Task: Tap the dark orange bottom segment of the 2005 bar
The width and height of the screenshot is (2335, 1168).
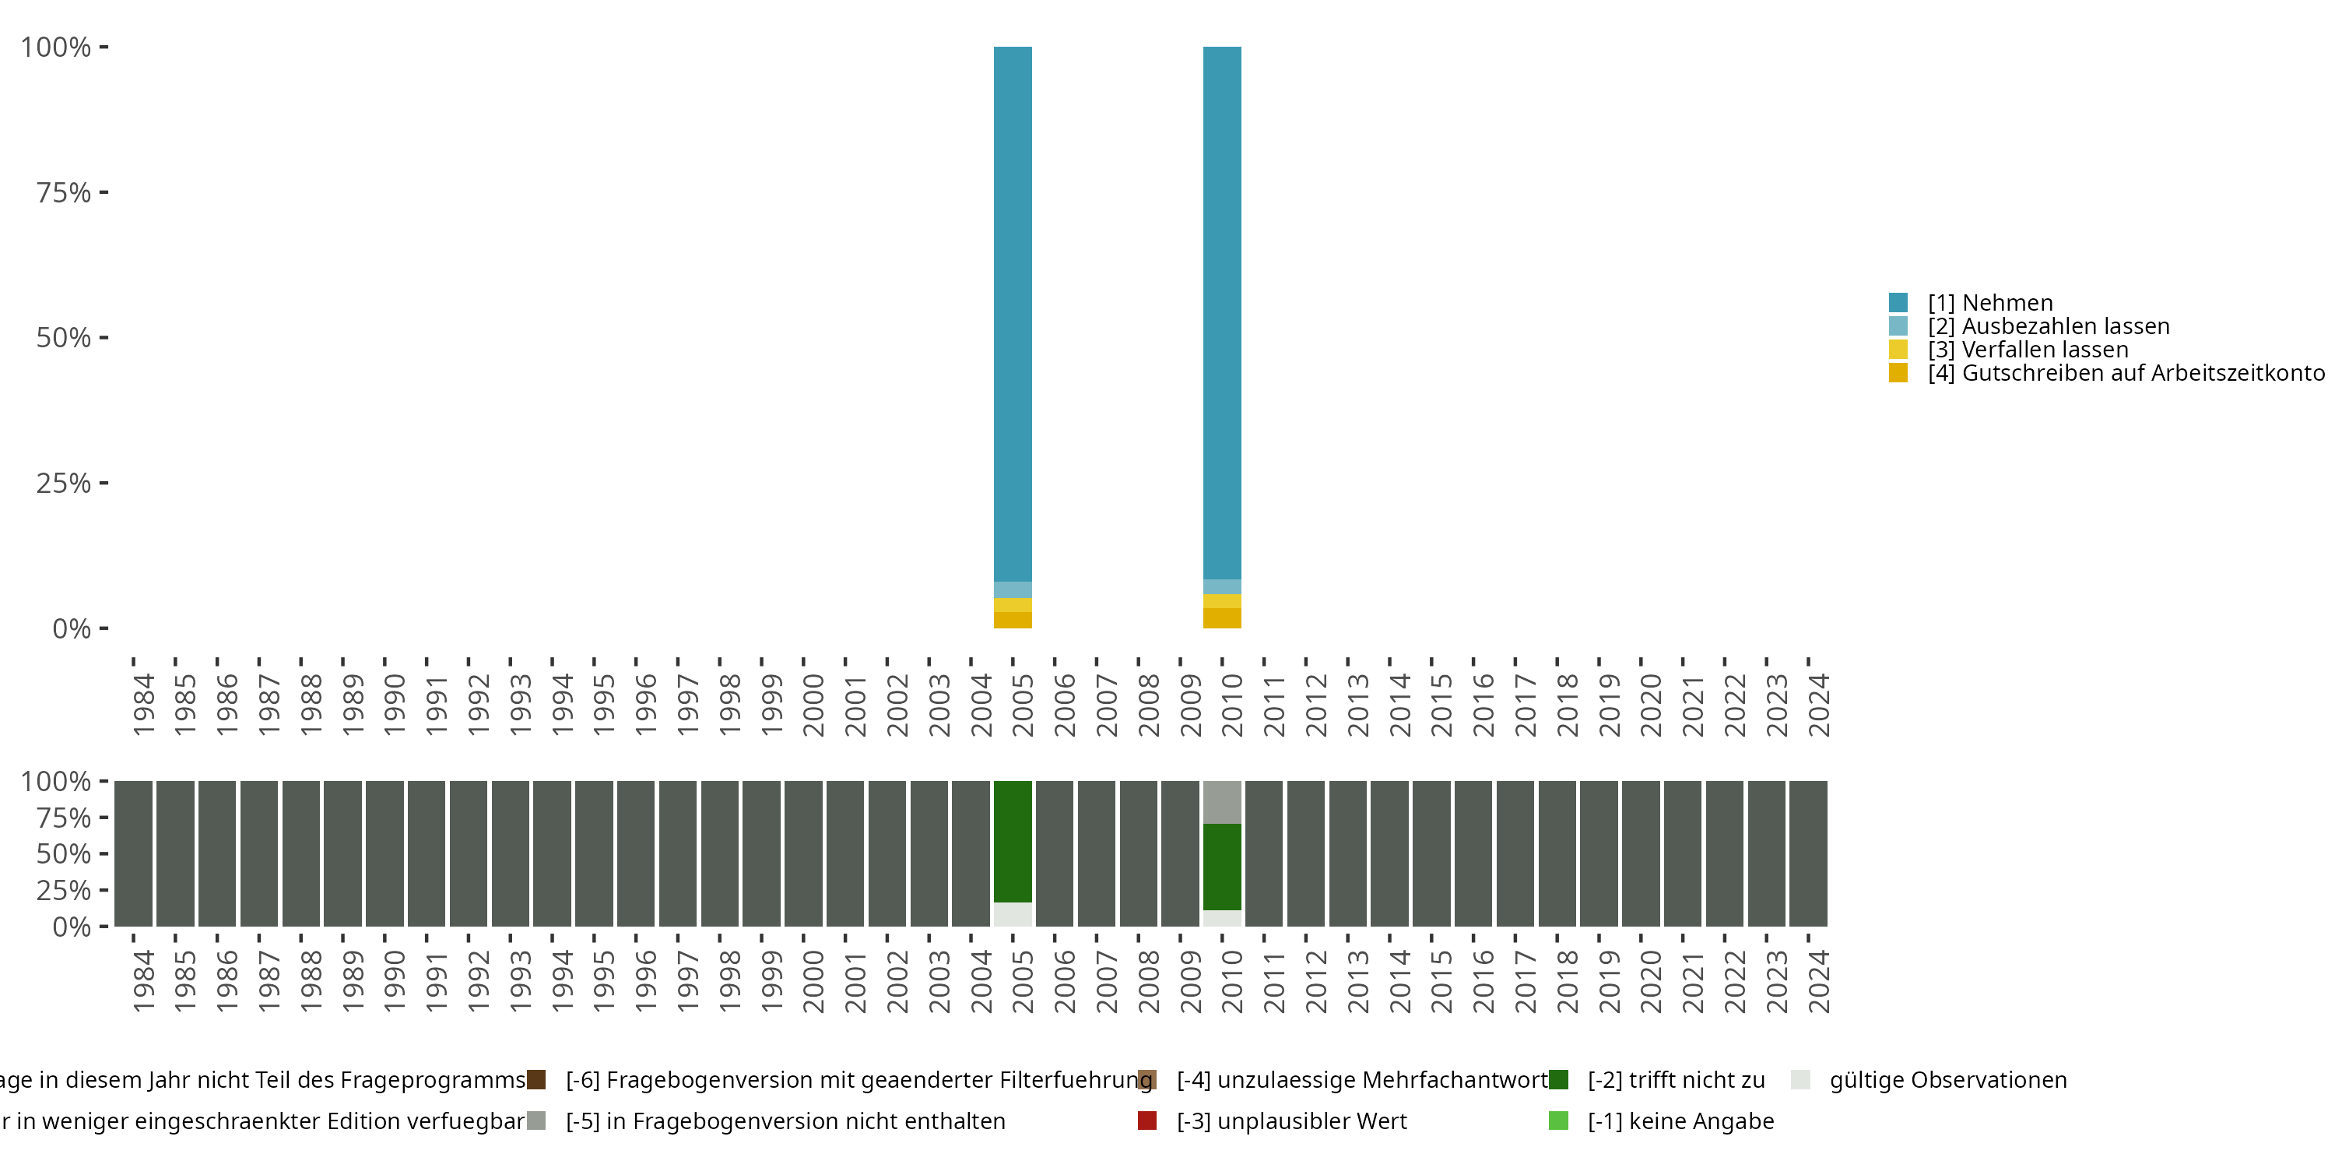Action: pos(1013,621)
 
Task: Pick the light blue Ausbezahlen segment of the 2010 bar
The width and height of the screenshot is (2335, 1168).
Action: pos(1222,586)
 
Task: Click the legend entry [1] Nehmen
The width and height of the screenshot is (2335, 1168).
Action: pos(1989,303)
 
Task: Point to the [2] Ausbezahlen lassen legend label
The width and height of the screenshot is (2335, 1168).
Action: pos(2048,326)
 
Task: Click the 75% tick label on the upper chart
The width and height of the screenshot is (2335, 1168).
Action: pos(64,192)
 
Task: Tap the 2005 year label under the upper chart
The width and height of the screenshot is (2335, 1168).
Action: pos(1024,705)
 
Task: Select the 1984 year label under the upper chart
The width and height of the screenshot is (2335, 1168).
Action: pos(143,705)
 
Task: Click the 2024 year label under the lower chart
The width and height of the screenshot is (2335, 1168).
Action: pos(1818,981)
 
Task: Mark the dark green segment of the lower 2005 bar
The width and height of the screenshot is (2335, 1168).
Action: pos(1013,842)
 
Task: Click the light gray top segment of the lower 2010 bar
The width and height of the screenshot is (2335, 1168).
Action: pos(1222,802)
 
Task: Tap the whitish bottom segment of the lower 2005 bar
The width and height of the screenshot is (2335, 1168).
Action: pos(1013,914)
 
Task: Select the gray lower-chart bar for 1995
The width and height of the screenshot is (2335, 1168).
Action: pos(594,853)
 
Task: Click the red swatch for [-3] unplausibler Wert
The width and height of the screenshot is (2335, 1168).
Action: pos(1146,1121)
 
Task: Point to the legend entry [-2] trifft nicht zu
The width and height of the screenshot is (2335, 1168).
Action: pos(1675,1080)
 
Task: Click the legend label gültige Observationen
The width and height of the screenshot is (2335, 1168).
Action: pos(1947,1080)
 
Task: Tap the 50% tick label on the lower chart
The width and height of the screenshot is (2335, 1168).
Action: pos(64,854)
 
